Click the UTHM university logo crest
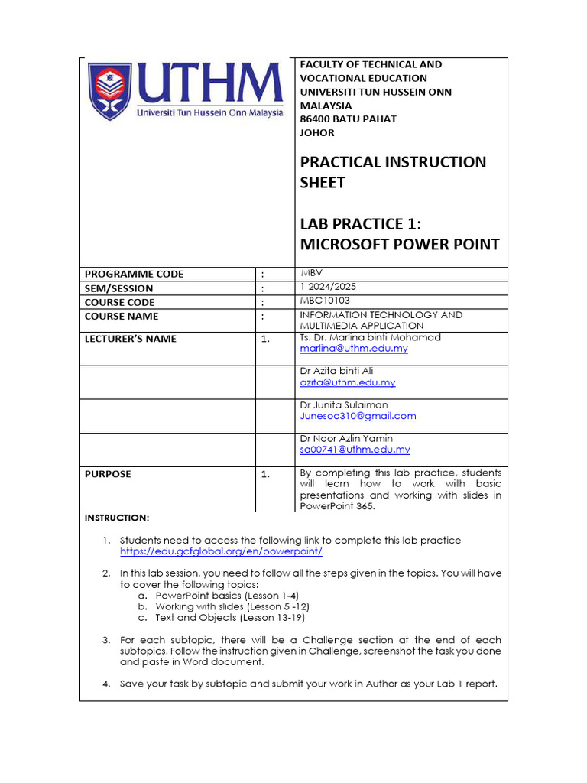click(x=109, y=90)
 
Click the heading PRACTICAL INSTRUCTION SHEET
click(x=392, y=172)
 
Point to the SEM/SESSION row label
click(x=118, y=288)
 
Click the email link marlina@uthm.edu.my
click(x=353, y=349)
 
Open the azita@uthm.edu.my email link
click(x=347, y=382)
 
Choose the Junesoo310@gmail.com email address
click(x=358, y=416)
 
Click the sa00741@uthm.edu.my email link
click(x=355, y=450)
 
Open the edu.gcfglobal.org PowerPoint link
click(x=221, y=551)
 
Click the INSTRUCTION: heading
click(x=117, y=518)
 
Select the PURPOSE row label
click(x=108, y=474)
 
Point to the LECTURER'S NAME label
click(x=130, y=339)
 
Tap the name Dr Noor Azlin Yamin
click(x=345, y=438)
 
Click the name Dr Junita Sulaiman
click(x=343, y=404)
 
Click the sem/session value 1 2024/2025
click(x=328, y=288)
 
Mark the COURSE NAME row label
click(x=122, y=316)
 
